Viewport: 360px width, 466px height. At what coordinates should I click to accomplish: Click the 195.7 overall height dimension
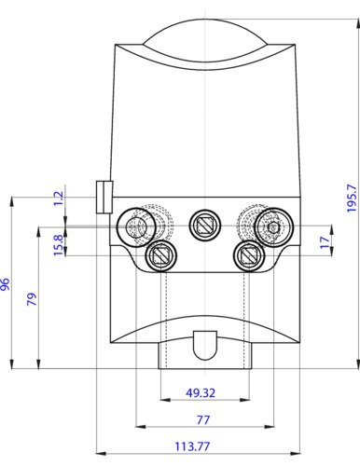pos(352,198)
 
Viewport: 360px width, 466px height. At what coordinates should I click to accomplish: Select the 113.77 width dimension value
pos(192,446)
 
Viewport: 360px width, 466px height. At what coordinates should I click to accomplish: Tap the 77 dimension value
pos(203,420)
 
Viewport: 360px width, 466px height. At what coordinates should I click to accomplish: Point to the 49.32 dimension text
pos(201,393)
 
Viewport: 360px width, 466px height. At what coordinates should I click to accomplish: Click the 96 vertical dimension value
pos(6,284)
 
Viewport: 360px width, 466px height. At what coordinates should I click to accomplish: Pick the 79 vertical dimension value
pos(32,299)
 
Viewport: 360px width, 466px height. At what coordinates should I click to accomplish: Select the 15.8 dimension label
pos(59,245)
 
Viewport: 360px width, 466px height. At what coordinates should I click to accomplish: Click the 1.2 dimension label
pos(59,199)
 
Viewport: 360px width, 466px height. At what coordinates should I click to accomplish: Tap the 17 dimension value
pos(325,242)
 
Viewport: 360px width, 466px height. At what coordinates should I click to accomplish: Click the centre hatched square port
pos(205,225)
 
